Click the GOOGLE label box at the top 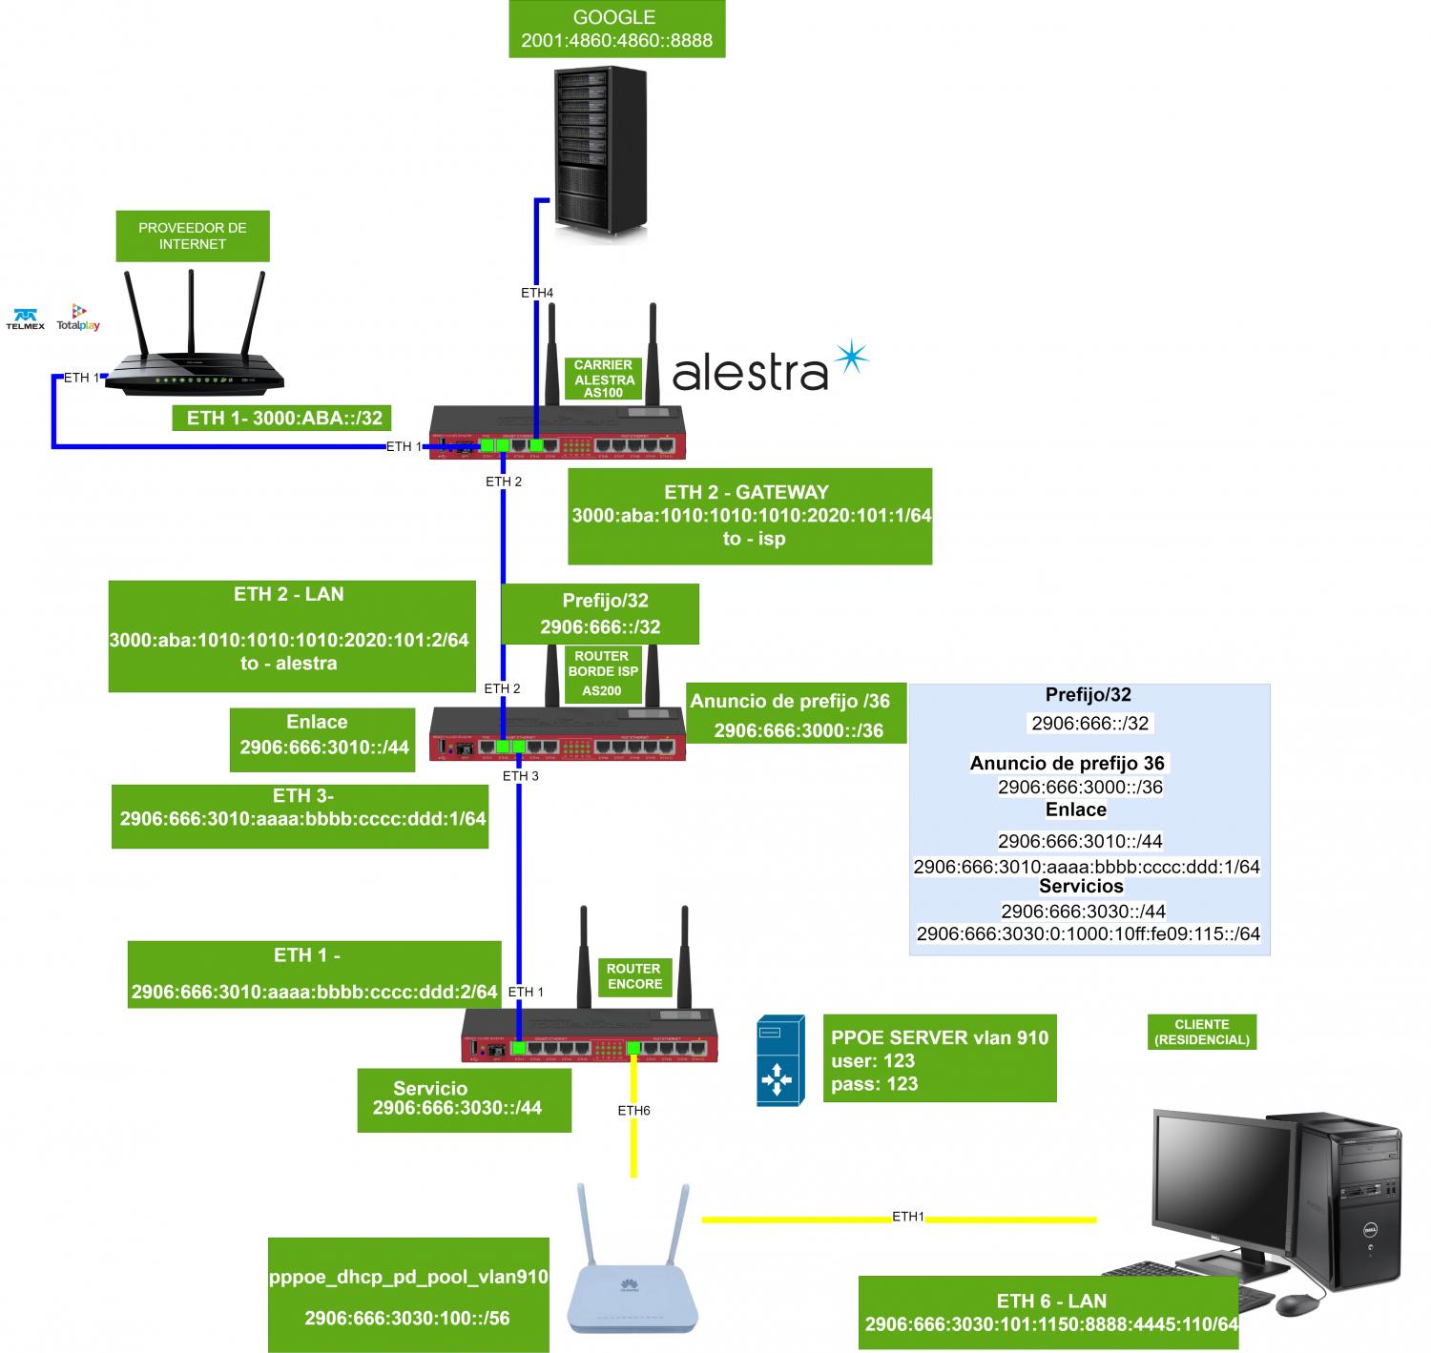(616, 30)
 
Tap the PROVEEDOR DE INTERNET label (192, 236)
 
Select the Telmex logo (25, 318)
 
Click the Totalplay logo (78, 318)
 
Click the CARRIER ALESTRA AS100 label (604, 379)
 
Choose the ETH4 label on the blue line (537, 293)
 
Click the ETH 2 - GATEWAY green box (750, 516)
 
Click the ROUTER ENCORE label (633, 975)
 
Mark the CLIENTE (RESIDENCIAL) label (1201, 1032)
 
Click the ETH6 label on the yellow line (633, 1111)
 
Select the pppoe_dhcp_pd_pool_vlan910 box (408, 1295)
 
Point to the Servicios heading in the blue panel (1081, 886)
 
